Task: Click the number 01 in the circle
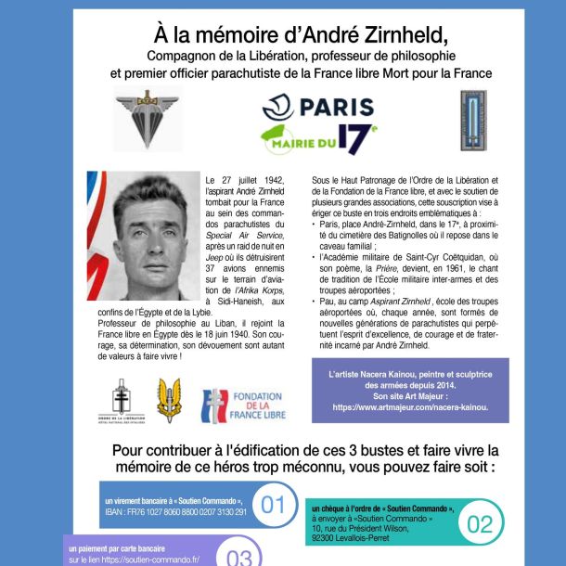(273, 506)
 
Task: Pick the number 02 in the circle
(480, 524)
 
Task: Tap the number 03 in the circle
(238, 557)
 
